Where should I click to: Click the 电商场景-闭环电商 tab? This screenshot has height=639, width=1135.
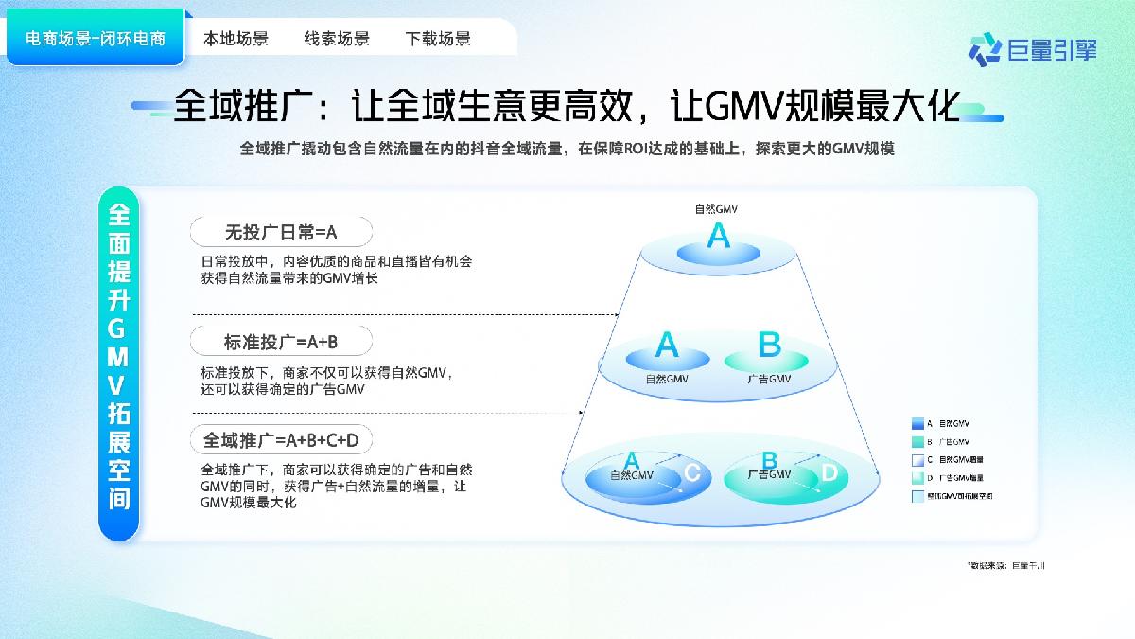[x=96, y=39]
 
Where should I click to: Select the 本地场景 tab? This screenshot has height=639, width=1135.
[x=236, y=39]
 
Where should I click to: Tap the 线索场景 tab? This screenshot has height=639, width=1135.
[x=337, y=39]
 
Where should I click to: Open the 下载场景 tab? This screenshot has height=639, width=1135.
[x=438, y=39]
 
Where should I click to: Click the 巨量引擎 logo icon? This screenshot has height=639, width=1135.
[x=985, y=47]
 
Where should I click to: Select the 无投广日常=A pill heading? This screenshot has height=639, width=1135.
[x=281, y=232]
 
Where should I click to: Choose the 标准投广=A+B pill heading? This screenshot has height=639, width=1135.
[x=281, y=341]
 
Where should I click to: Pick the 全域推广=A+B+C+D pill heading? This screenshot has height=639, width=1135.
[x=281, y=440]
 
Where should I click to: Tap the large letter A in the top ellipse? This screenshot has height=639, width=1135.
[x=719, y=236]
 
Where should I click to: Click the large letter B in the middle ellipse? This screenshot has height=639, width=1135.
[x=769, y=345]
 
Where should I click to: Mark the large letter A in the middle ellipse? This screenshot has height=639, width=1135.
[x=667, y=345]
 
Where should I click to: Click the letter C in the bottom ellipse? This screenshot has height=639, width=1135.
[x=691, y=473]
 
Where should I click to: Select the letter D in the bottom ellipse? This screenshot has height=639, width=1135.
[x=829, y=473]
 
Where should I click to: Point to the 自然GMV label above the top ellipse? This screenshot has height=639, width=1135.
[x=716, y=209]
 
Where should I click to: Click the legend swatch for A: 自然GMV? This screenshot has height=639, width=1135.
[x=917, y=424]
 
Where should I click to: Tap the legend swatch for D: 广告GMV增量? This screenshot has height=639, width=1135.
[x=917, y=477]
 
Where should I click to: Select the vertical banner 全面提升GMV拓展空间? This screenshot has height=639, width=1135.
[x=119, y=364]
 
